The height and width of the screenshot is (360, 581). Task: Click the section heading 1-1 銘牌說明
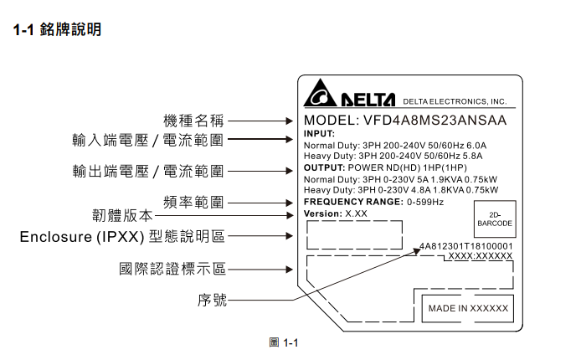click(x=57, y=29)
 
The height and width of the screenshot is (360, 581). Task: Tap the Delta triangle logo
click(x=320, y=93)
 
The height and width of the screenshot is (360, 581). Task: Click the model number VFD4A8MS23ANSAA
click(x=434, y=121)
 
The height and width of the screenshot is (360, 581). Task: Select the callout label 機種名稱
click(x=193, y=121)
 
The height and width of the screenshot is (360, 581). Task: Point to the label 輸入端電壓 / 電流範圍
click(x=148, y=140)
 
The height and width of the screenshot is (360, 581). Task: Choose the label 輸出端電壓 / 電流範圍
click(x=148, y=172)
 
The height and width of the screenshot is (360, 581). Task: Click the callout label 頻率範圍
click(x=193, y=203)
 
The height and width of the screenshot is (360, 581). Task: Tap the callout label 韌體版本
click(x=122, y=215)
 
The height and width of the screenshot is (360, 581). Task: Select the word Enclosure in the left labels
click(x=55, y=237)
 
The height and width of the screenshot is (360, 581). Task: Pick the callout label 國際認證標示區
click(x=172, y=269)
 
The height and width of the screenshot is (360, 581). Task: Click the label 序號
click(x=212, y=300)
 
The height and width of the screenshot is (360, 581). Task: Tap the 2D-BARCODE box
click(x=495, y=219)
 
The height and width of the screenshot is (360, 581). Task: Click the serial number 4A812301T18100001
click(x=465, y=246)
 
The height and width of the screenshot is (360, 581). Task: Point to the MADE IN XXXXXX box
click(x=468, y=309)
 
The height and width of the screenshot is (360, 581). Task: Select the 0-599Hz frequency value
click(x=425, y=202)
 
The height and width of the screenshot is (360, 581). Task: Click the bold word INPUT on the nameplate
click(x=319, y=134)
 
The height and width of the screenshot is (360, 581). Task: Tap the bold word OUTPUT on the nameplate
click(x=324, y=167)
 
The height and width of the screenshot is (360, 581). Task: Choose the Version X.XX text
click(x=336, y=213)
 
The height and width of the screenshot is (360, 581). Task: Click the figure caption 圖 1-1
click(x=284, y=342)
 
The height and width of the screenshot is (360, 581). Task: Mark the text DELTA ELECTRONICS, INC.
click(x=455, y=101)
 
